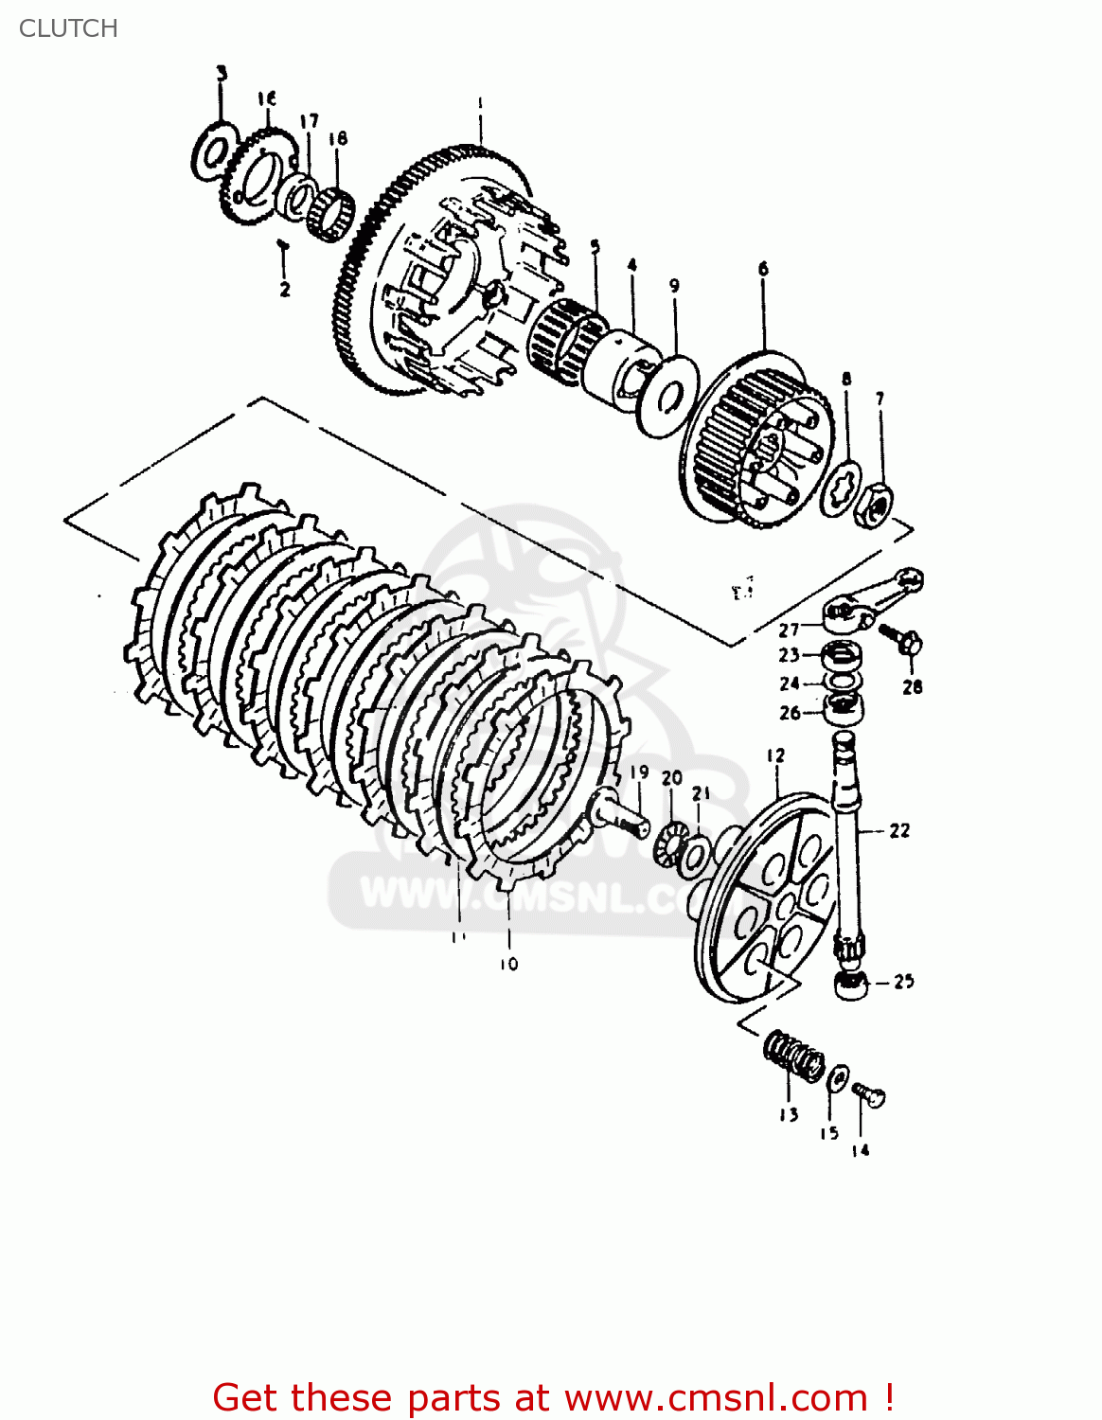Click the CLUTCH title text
68,28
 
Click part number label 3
222,73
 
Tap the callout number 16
266,98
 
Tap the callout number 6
763,269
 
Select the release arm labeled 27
866,602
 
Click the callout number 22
899,831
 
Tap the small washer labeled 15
838,1078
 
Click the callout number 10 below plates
509,964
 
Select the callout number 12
776,755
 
